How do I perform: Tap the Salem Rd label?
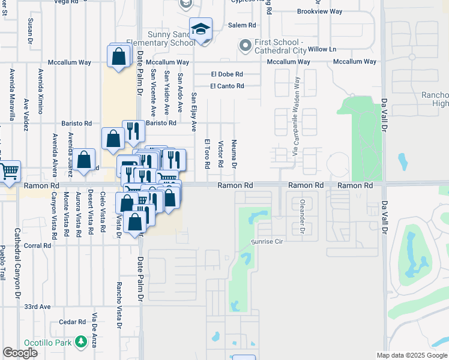242,25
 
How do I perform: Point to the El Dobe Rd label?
226,74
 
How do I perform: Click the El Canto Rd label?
227,86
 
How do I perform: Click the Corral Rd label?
37,245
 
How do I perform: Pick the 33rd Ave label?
38,306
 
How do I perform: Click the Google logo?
20,353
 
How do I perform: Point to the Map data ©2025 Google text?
412,355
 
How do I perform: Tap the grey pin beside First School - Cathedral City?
245,46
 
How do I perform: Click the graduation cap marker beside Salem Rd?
200,28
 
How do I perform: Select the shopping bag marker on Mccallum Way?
119,57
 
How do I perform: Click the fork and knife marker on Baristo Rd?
133,130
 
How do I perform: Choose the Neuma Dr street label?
235,154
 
